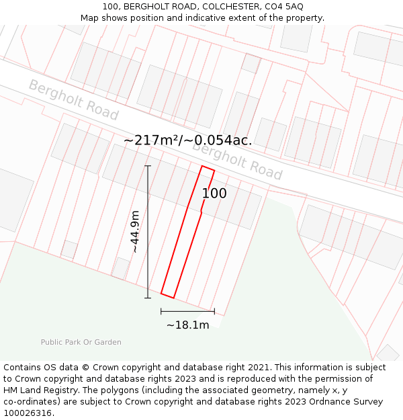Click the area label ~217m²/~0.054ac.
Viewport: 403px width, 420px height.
187,140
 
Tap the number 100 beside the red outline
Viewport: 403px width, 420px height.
214,194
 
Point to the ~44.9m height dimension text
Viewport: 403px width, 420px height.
135,231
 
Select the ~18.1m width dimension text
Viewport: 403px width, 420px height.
187,325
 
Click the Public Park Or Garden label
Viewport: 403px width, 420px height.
81,342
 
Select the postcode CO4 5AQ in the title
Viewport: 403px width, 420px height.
283,6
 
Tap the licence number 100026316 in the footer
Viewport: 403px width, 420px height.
27,413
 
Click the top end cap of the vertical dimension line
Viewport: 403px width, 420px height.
148,165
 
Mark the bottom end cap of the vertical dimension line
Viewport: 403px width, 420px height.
148,298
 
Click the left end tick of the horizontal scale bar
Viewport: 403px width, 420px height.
161,311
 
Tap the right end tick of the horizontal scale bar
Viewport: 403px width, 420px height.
214,311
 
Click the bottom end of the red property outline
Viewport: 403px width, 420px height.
167,295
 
